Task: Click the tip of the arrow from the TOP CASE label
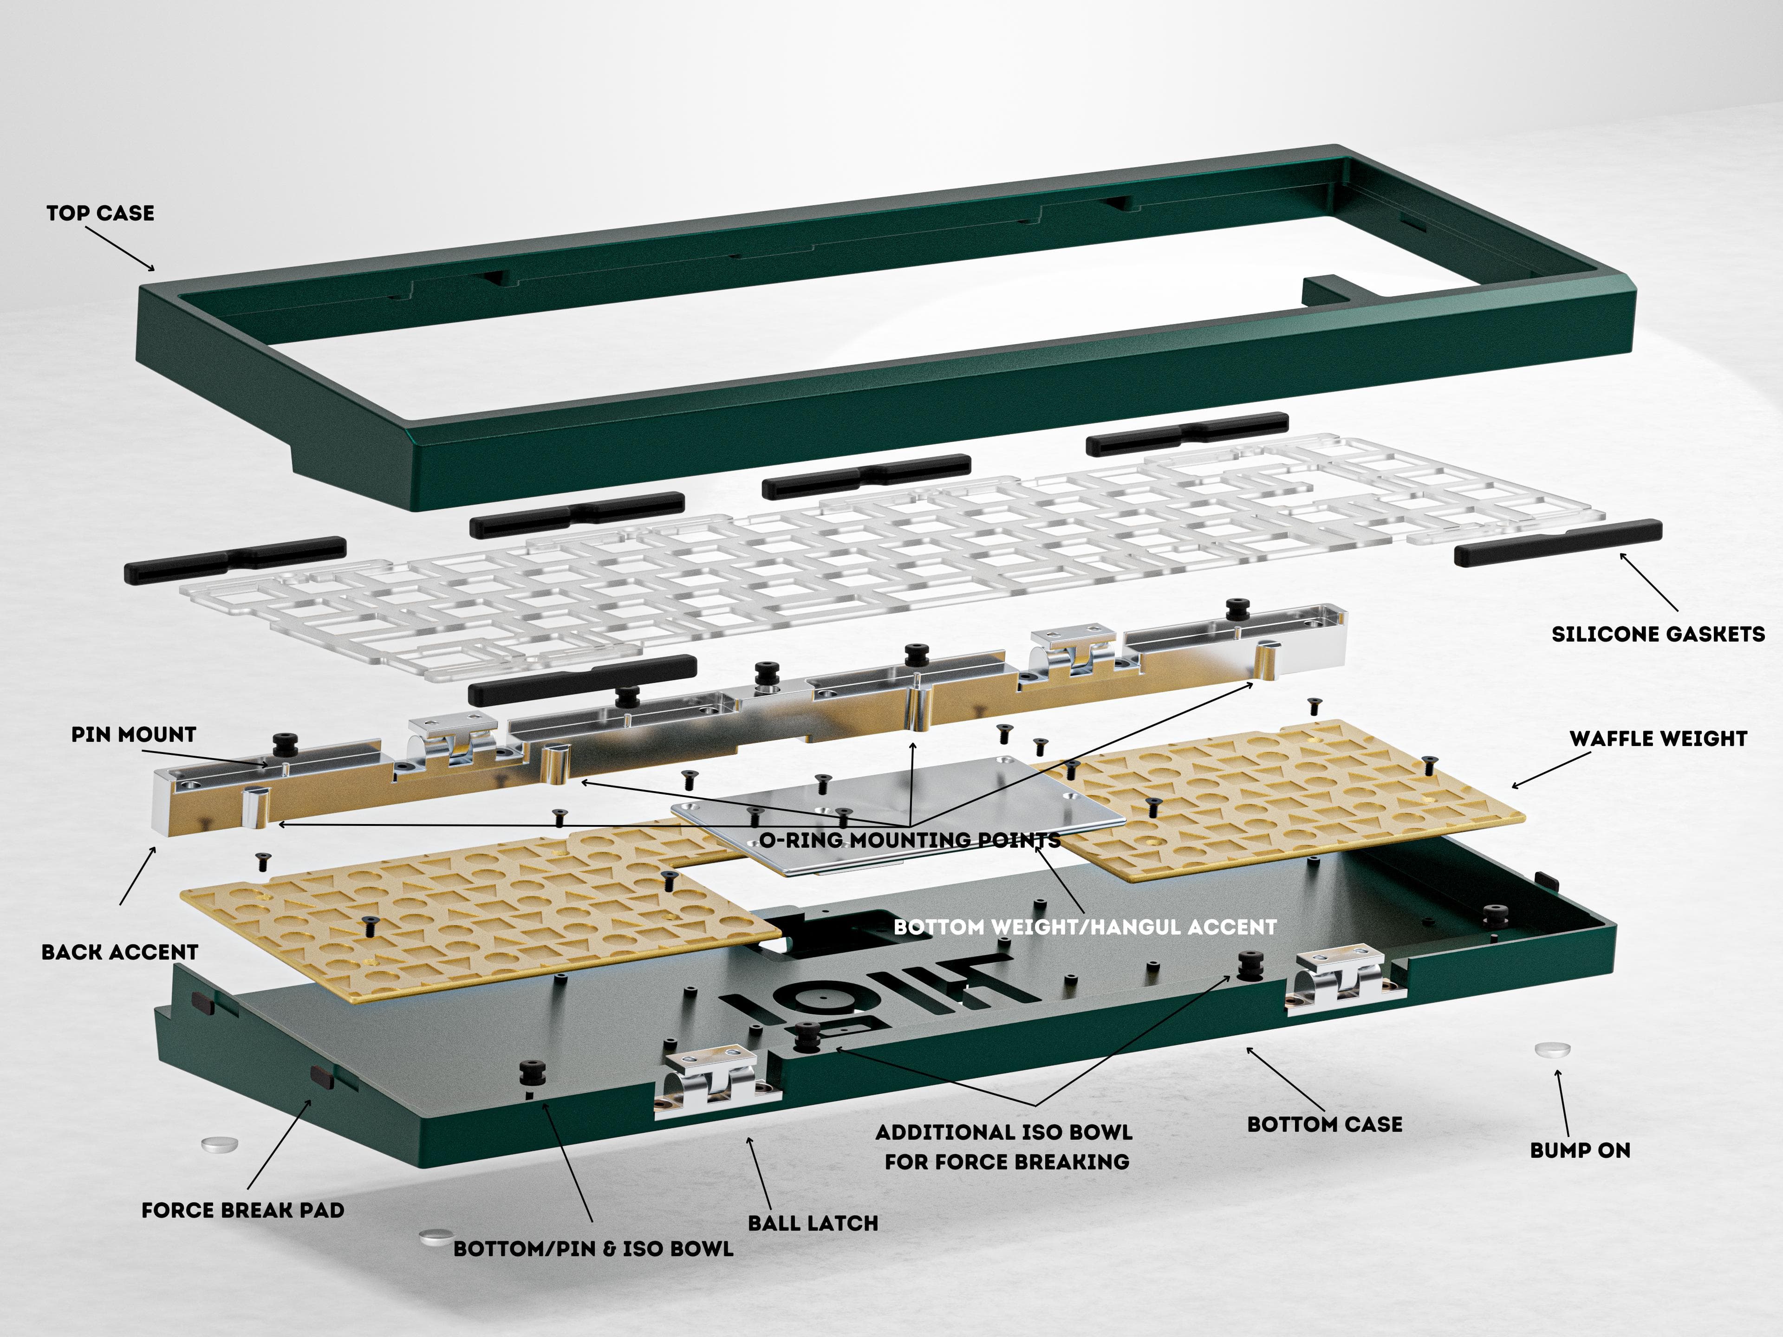(x=155, y=271)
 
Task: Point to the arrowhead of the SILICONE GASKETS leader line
(x=1620, y=553)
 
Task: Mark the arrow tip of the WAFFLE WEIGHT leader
(x=1511, y=787)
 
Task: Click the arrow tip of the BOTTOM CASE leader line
(x=1247, y=1048)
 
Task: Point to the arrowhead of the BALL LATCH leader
(x=749, y=1137)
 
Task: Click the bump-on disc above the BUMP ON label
(x=1553, y=1049)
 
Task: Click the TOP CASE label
(x=100, y=213)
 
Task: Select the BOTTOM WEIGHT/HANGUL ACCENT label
(x=1085, y=927)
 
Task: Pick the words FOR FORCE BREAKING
(x=1007, y=1162)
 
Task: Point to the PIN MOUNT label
(x=134, y=734)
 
